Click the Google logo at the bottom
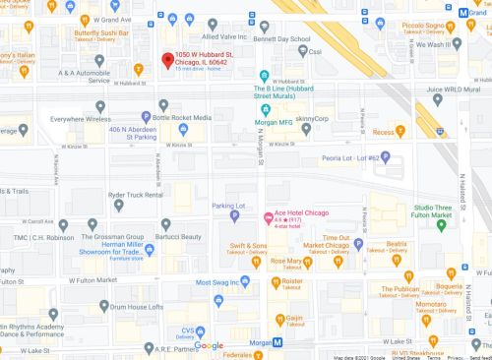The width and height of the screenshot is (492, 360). [x=209, y=345]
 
